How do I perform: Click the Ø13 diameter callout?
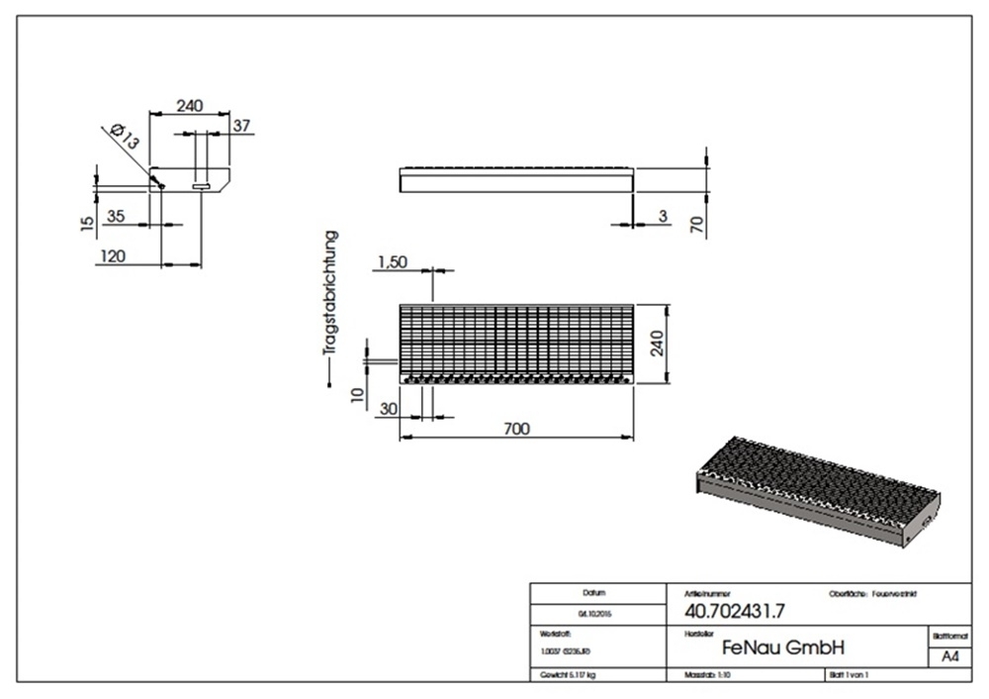pyautogui.click(x=126, y=136)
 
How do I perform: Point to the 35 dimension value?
pyautogui.click(x=116, y=217)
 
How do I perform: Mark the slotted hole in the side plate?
pyautogui.click(x=201, y=186)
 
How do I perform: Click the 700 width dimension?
pyautogui.click(x=516, y=429)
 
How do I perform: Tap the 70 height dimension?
pyautogui.click(x=696, y=225)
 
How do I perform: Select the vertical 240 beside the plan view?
pyautogui.click(x=658, y=344)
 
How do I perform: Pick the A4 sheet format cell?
pyautogui.click(x=949, y=656)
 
